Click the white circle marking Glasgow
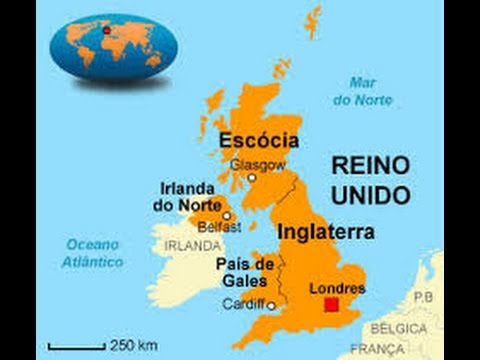click(x=252, y=179)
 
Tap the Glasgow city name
click(x=258, y=165)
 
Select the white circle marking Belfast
click(x=227, y=215)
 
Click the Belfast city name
click(x=220, y=227)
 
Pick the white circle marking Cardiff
click(x=271, y=304)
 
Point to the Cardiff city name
click(x=246, y=304)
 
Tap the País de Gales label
click(x=245, y=271)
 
